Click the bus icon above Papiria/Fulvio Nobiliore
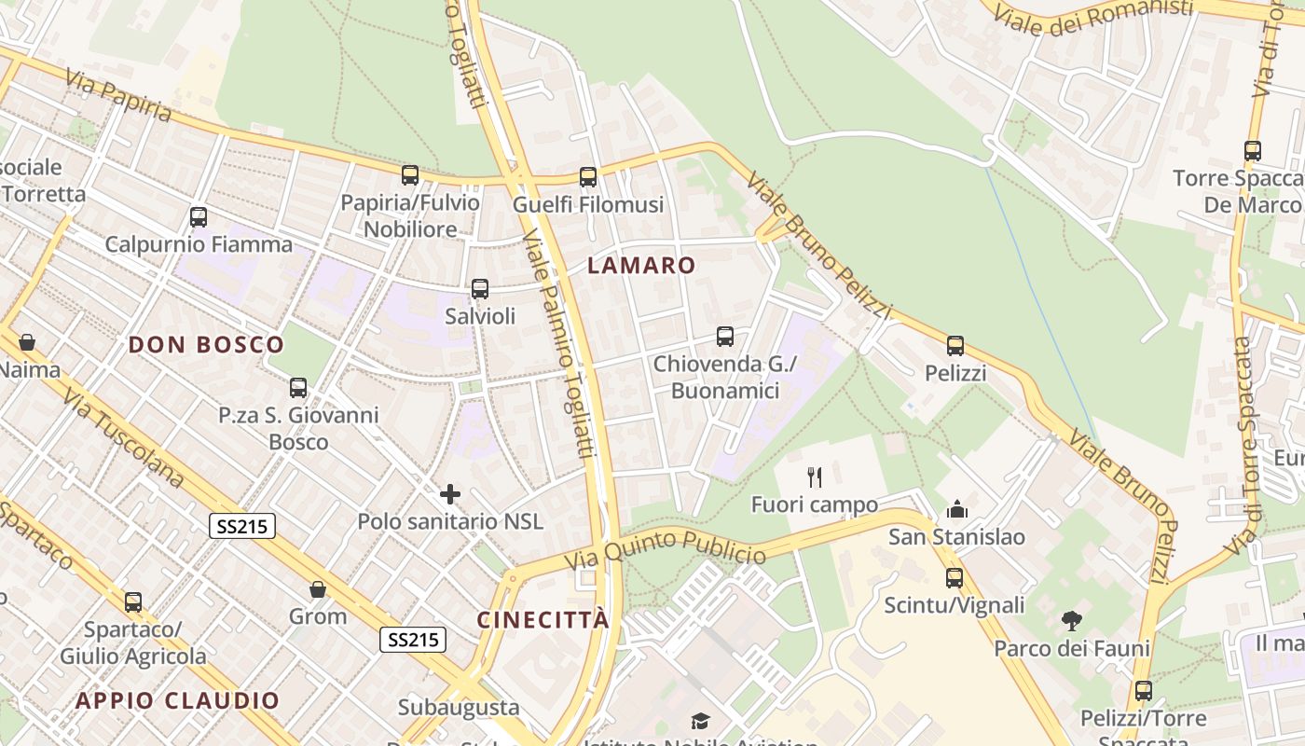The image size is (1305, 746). pyautogui.click(x=410, y=175)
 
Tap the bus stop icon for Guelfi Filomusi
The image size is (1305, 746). pyautogui.click(x=588, y=177)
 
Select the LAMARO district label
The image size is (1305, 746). pyautogui.click(x=641, y=266)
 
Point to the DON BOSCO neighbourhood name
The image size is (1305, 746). pyautogui.click(x=206, y=345)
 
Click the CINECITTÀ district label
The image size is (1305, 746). pyautogui.click(x=543, y=620)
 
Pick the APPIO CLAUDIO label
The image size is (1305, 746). pyautogui.click(x=178, y=700)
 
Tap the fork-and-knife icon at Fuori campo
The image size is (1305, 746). pyautogui.click(x=815, y=477)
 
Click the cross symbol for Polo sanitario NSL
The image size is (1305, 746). pyautogui.click(x=450, y=494)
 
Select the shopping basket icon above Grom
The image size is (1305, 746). pyautogui.click(x=318, y=589)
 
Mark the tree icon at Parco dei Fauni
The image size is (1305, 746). pyautogui.click(x=1072, y=620)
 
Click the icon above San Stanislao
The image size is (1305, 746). pyautogui.click(x=956, y=509)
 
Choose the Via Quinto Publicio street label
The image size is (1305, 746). pyautogui.click(x=666, y=549)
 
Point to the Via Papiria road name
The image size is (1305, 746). pyautogui.click(x=118, y=95)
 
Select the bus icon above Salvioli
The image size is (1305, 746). pyautogui.click(x=480, y=289)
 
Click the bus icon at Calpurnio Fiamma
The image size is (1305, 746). pyautogui.click(x=199, y=217)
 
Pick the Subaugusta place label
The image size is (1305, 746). pyautogui.click(x=459, y=707)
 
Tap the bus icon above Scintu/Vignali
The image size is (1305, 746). pyautogui.click(x=955, y=577)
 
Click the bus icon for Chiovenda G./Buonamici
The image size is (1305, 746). pyautogui.click(x=725, y=337)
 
